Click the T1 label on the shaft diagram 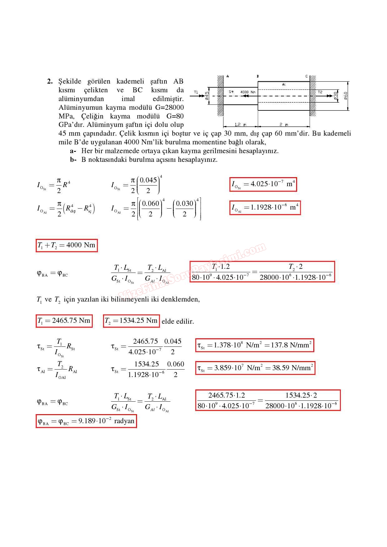point(196,92)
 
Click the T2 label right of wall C point(320,92)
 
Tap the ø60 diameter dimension point(345,96)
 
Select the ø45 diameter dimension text point(207,96)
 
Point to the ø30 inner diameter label point(336,96)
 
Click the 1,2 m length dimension point(240,125)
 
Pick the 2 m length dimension point(284,125)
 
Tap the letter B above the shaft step point(258,76)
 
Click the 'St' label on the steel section point(231,92)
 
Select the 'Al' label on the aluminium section point(284,85)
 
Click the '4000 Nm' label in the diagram point(248,92)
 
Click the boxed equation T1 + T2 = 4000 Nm point(66,245)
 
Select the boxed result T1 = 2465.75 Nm point(64,321)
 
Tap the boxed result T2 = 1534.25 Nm point(131,321)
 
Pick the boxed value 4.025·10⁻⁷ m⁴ point(263,184)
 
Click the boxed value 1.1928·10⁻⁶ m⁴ point(265,208)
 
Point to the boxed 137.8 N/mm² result point(254,345)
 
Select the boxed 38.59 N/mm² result point(255,368)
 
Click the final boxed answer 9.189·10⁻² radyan point(86,421)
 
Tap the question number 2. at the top point(50,82)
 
